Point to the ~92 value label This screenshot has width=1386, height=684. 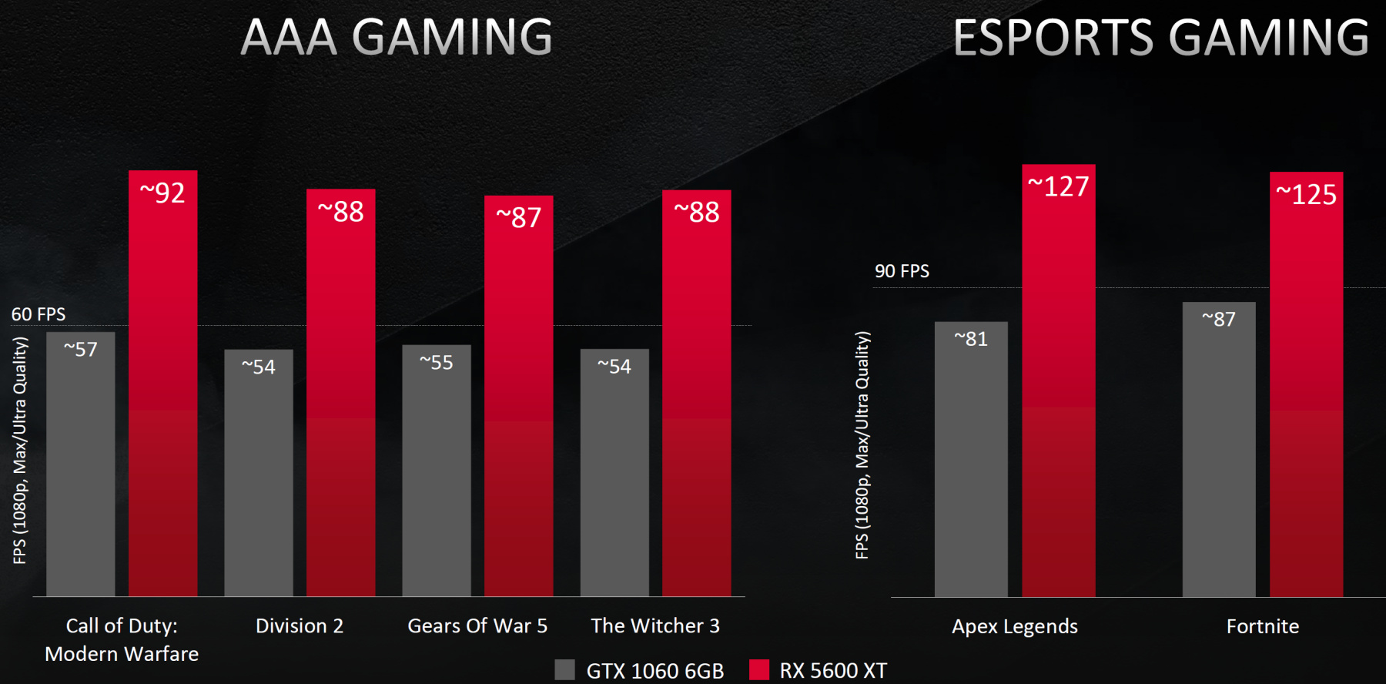coord(162,193)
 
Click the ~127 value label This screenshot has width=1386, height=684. coord(1059,186)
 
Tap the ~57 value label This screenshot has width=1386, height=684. coord(81,350)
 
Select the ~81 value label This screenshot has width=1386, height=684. coord(971,339)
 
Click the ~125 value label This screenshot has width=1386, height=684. coord(1307,194)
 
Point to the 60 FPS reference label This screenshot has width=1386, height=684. coord(38,314)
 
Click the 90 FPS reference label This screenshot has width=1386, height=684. coord(902,271)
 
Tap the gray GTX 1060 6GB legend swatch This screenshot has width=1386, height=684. coord(564,669)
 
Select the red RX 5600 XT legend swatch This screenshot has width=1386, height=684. coord(759,669)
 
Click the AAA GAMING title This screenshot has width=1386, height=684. coord(397,37)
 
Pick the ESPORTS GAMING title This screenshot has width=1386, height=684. coord(1161,37)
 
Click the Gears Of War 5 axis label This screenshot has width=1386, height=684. coord(477,626)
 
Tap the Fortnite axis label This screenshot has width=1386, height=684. coord(1263,626)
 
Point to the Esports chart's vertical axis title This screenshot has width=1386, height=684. coord(862,445)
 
